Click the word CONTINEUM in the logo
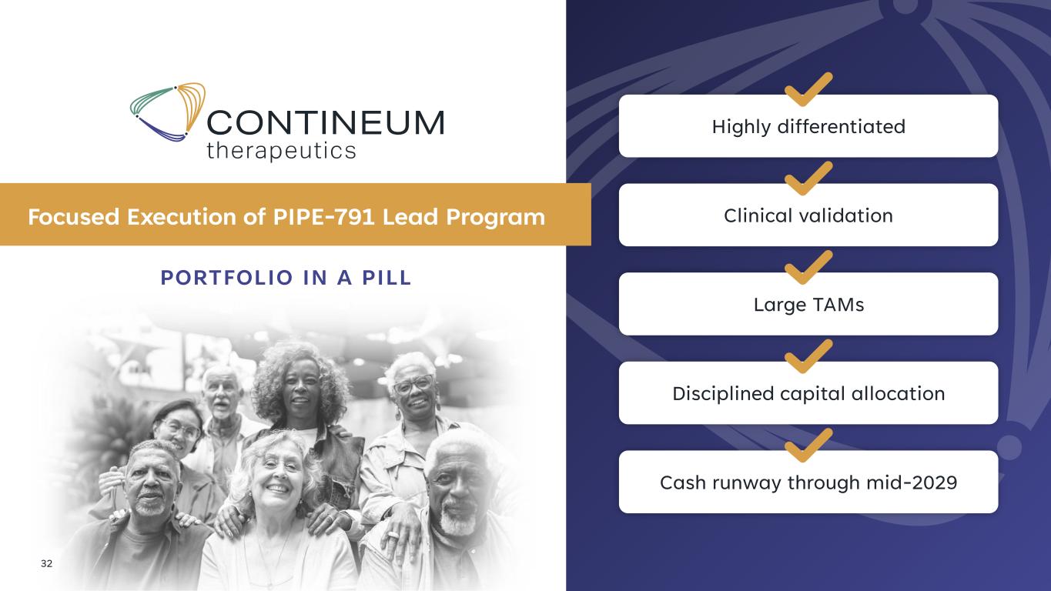pos(325,123)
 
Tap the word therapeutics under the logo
pos(281,151)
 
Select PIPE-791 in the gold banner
pos(323,217)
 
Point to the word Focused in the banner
pos(74,217)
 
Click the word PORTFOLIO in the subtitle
pos(227,278)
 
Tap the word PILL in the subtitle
pos(387,278)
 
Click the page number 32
pos(46,563)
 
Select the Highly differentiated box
pos(808,125)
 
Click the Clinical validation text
pos(808,215)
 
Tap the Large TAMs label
pos(808,305)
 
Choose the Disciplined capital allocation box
pos(808,392)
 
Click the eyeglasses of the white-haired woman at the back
pos(413,385)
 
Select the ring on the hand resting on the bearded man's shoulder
pos(392,534)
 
